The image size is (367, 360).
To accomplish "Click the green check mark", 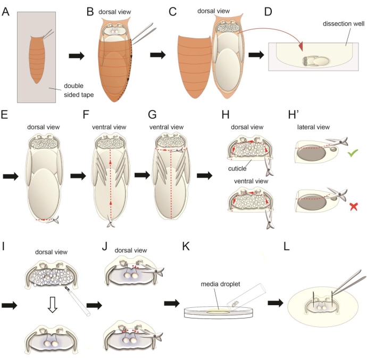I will click(352, 154).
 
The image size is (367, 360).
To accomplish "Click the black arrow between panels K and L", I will click(277, 305).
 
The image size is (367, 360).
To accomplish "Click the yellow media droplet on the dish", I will click(213, 309).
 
